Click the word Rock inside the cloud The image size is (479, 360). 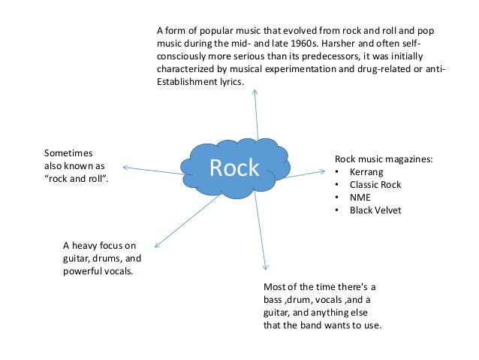click(x=233, y=169)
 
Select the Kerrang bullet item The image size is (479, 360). click(x=366, y=172)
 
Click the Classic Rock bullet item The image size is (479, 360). click(x=375, y=185)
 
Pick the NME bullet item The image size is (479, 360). click(x=360, y=198)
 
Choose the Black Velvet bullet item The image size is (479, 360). click(x=376, y=210)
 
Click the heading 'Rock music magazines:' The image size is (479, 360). click(x=384, y=159)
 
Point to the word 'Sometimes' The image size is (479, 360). click(x=68, y=153)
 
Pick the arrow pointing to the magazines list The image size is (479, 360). click(x=304, y=173)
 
